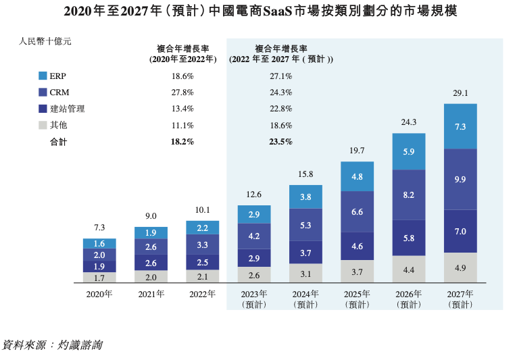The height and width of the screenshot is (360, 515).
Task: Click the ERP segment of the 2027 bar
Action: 460,126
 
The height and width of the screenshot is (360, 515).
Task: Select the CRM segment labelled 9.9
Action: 460,179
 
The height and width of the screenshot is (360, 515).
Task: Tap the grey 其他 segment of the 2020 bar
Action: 99,277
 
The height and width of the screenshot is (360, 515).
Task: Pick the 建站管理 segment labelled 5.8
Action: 409,238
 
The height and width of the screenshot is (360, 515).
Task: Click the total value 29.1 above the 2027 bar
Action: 460,93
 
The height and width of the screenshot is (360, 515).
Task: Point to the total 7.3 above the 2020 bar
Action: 99,228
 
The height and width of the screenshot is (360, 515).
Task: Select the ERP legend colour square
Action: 43,76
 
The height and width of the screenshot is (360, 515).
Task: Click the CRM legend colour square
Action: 43,93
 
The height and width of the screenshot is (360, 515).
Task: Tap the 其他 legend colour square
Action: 43,125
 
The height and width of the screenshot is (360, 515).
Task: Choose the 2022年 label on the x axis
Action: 202,294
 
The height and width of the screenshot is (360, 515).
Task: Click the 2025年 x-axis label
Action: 357,294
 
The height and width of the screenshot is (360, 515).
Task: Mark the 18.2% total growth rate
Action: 182,142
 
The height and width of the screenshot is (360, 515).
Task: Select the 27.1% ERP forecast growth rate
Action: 280,76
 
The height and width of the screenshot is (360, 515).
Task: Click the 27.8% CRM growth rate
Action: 182,93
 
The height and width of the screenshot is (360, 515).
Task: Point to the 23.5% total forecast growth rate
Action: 280,142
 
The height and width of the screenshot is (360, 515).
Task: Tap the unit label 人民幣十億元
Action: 46,41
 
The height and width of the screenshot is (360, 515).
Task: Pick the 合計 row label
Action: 59,142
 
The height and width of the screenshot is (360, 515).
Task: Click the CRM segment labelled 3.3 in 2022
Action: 202,245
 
